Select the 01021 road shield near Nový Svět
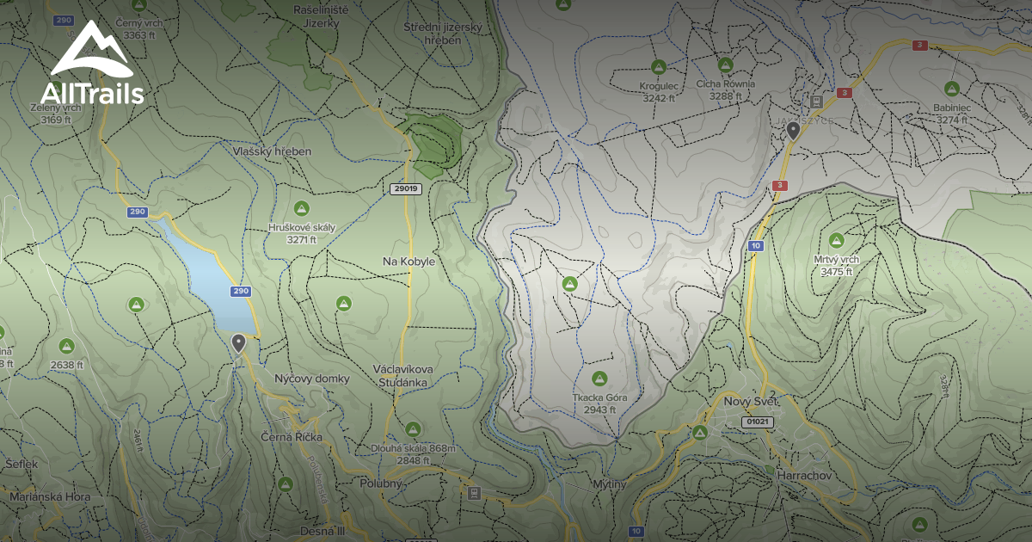[x=757, y=422]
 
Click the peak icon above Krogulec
[x=659, y=66]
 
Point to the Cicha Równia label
[x=726, y=84]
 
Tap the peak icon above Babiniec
[x=951, y=88]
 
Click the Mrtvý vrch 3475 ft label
[x=836, y=265]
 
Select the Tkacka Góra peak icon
[x=599, y=378]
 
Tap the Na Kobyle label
[x=409, y=261]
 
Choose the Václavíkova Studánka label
[x=402, y=374]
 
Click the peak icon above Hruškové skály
[x=301, y=208]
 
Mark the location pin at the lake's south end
[x=239, y=342]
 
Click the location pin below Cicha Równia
[x=793, y=130]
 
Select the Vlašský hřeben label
[x=272, y=151]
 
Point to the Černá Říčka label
[x=292, y=437]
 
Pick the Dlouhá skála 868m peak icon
[x=413, y=428]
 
